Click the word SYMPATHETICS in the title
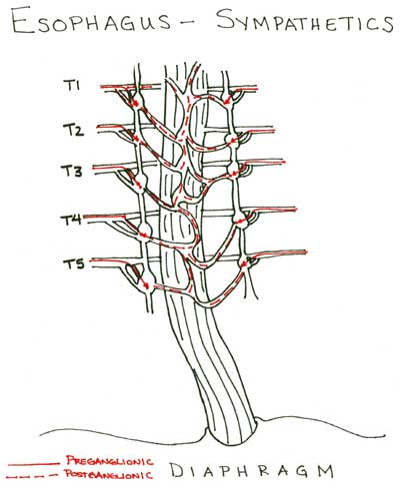(305, 21)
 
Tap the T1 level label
(71, 86)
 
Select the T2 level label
(73, 130)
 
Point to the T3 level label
(72, 171)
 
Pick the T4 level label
(71, 220)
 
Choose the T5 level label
(74, 263)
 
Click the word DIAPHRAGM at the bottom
(252, 470)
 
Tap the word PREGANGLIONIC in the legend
(110, 461)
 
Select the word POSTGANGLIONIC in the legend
(108, 474)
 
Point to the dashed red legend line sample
(32, 476)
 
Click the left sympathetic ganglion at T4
(144, 231)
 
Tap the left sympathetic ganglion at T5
(147, 285)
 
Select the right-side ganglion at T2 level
(232, 140)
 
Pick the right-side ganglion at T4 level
(241, 221)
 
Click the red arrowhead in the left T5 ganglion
(146, 285)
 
